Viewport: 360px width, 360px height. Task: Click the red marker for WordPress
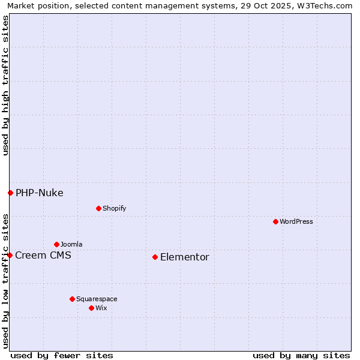click(275, 221)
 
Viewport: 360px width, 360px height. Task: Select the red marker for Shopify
click(98, 208)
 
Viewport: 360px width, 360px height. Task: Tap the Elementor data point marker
click(155, 257)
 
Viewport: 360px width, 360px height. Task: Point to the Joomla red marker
click(56, 244)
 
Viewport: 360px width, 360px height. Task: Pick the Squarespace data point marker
click(72, 299)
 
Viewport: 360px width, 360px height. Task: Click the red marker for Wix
click(91, 308)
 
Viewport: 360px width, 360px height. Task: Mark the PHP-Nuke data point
click(10, 193)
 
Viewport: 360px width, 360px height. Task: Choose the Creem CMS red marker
click(10, 255)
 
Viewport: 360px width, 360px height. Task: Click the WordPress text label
click(296, 221)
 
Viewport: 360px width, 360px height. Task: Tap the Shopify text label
click(114, 208)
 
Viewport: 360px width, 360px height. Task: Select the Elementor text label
click(185, 257)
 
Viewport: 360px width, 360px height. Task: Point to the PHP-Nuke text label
click(40, 193)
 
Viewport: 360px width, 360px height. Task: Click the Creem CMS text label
click(43, 256)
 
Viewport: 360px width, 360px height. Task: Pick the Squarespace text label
click(97, 299)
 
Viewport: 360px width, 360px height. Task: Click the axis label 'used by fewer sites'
click(62, 355)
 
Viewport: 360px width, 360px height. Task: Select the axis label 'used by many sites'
click(301, 355)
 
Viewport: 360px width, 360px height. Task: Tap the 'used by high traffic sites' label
click(5, 85)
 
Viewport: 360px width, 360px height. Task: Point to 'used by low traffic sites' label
click(5, 280)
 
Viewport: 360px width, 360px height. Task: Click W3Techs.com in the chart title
click(328, 5)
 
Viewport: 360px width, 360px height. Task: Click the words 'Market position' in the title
click(35, 5)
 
